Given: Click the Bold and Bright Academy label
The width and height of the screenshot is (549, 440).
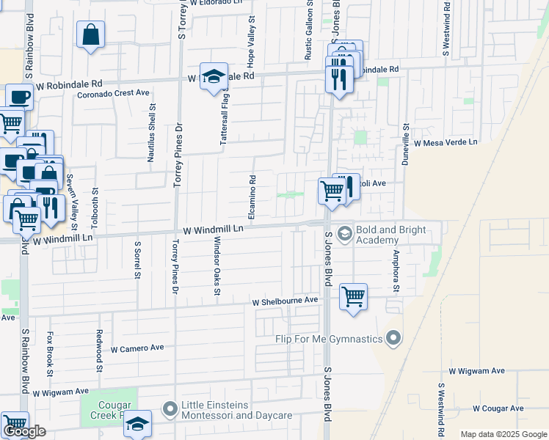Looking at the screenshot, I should coord(390,235).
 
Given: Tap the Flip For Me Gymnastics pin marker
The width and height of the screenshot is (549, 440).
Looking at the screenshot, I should coord(393,338).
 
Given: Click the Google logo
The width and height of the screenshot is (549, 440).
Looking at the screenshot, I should coord(24,431).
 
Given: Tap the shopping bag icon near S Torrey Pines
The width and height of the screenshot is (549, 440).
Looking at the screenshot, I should coord(90,35).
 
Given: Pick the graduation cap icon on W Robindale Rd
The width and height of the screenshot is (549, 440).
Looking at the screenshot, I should coord(214,77).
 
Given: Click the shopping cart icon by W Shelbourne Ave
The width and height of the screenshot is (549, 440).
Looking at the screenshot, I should coord(353,297).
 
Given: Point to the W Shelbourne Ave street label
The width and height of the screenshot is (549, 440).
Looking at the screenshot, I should coord(286,301).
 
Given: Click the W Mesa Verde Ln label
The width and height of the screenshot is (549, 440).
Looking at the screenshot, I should coord(446,143).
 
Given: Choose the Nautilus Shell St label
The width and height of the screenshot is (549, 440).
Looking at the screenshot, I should coord(152,132).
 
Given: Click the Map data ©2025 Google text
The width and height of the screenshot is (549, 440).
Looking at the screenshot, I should coord(503,434).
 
